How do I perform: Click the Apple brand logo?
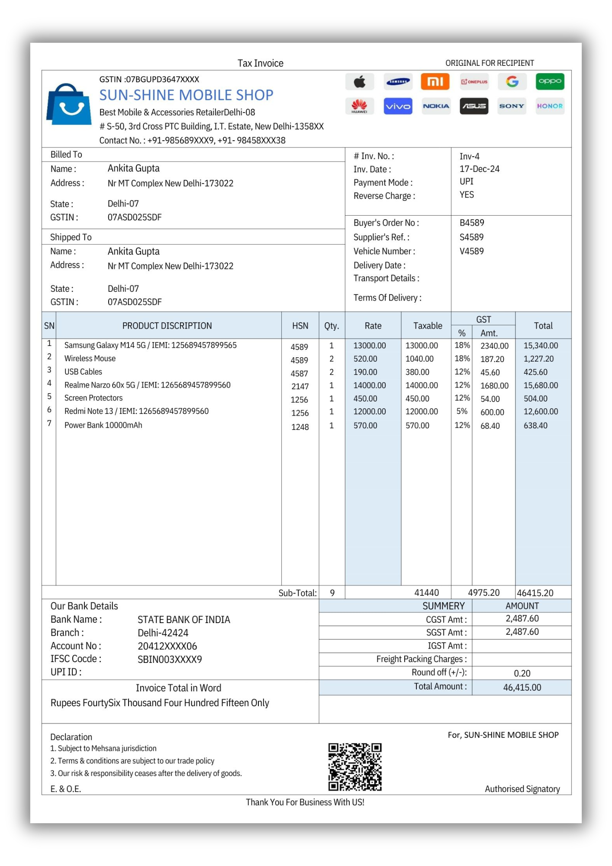[x=359, y=81]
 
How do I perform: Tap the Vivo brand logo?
[x=398, y=106]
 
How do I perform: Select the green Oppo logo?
[x=550, y=81]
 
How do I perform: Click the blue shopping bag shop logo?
[x=69, y=104]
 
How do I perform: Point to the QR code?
[x=355, y=767]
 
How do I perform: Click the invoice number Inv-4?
[x=469, y=156]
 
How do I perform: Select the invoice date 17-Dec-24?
[x=479, y=169]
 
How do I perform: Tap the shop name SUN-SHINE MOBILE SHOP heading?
[x=186, y=95]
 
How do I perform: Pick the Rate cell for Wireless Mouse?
[x=365, y=359]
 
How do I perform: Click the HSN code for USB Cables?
[x=300, y=373]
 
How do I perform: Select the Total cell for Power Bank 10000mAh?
[x=535, y=426]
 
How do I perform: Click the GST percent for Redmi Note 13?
[x=462, y=411]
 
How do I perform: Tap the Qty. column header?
[x=332, y=326]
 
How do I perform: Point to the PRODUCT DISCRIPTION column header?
[x=167, y=326]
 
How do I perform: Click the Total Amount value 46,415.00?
[x=522, y=687]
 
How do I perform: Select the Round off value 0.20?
[x=522, y=673]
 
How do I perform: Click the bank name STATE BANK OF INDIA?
[x=184, y=620]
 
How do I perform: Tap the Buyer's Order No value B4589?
[x=472, y=223]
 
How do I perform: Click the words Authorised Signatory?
[x=522, y=789]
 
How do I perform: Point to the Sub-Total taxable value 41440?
[x=426, y=593]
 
